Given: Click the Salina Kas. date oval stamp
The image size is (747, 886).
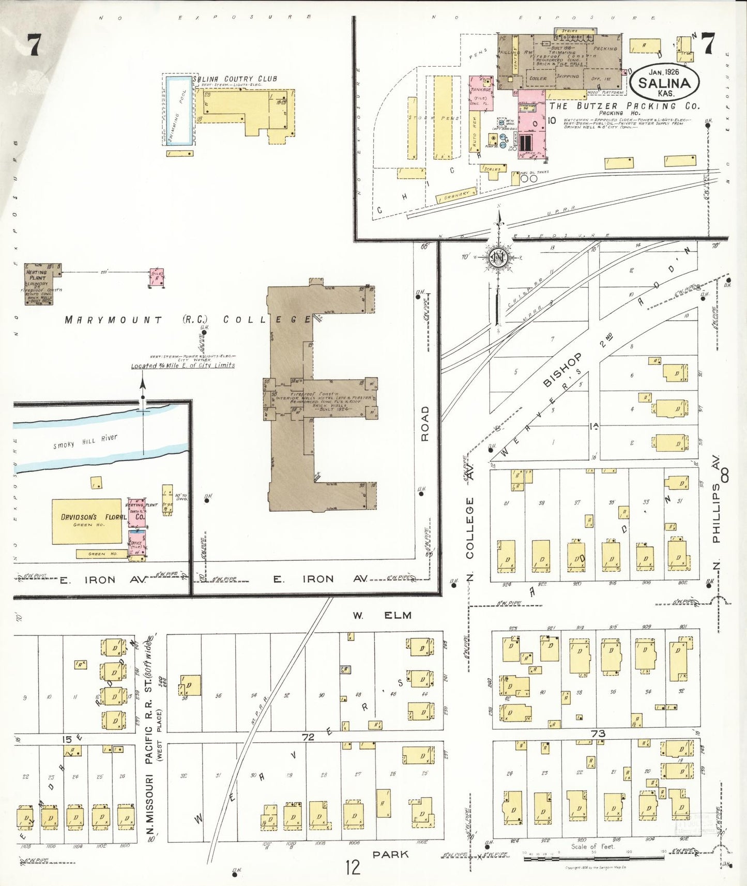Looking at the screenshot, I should pos(664,83).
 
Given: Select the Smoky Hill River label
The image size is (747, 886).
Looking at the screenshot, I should pos(85,441).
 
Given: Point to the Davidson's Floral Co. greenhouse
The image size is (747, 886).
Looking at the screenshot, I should pos(87,521).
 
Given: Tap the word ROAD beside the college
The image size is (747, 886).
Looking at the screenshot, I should pos(425,423).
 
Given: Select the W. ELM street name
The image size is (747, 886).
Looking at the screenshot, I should pos(382,615).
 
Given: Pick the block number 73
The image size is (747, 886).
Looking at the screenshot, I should pos(598,734).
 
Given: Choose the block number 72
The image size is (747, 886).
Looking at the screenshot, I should pos(308,737).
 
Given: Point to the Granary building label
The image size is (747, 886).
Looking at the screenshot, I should pos(456,195).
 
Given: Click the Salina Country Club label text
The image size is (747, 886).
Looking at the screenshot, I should pos(235,79).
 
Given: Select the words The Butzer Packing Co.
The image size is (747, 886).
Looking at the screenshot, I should pos(624,106).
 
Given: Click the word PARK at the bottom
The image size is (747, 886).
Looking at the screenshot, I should pos(390,854).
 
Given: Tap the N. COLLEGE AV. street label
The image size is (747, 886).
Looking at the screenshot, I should pos(469,527).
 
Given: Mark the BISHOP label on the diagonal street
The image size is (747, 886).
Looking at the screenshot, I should pos(562,369).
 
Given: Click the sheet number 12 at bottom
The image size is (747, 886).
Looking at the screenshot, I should pos(353,867).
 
